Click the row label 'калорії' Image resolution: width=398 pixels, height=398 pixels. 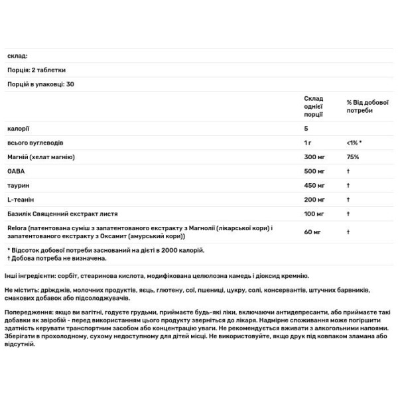pos(17,128)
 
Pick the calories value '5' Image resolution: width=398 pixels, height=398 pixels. pos(305,128)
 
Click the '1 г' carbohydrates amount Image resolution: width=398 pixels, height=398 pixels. pos(308,143)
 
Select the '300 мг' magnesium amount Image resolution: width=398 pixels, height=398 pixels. pos(314,157)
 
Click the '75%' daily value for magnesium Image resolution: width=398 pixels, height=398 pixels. pos(352,157)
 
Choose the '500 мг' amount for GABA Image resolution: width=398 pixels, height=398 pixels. pos(314,170)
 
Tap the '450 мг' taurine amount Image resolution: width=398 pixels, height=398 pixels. pos(314,185)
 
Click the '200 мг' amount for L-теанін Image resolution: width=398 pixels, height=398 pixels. pos(314,199)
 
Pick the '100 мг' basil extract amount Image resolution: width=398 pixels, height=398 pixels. pos(314,214)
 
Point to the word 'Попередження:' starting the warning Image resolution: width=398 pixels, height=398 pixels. pos(28,311)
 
